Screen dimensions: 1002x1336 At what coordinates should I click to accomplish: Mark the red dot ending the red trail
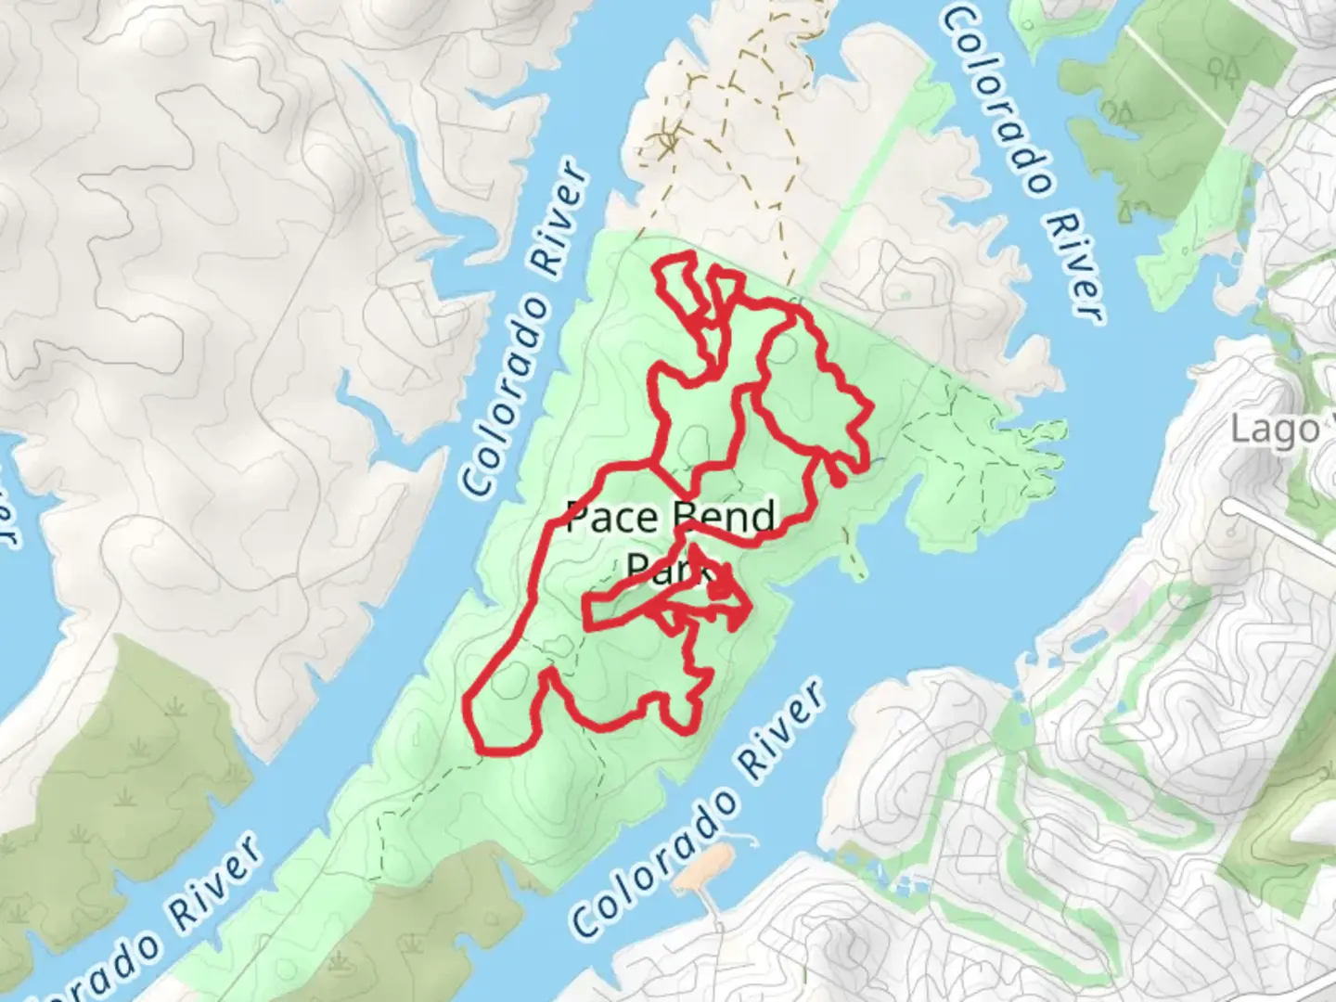click(837, 480)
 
